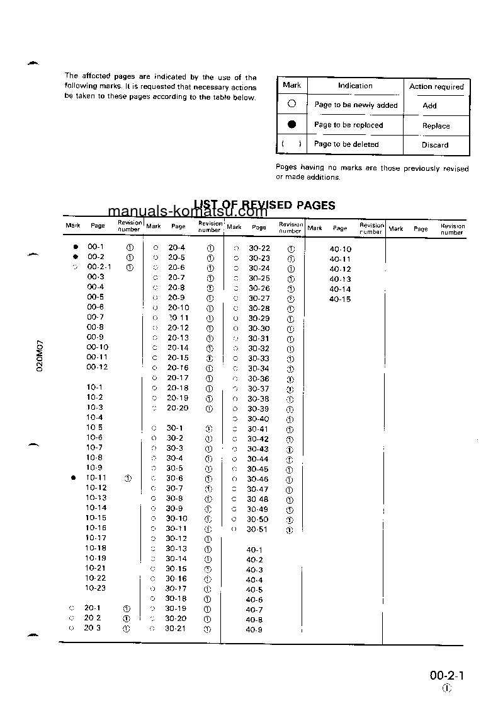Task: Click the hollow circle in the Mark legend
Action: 291,104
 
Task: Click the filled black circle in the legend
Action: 291,125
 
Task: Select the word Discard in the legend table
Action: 435,145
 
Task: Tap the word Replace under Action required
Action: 436,125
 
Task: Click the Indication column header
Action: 355,86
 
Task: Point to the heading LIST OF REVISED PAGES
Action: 264,205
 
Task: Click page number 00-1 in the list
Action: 96,247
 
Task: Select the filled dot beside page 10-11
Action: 74,478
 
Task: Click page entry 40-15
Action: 340,299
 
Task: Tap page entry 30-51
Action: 257,530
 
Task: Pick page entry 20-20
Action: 178,408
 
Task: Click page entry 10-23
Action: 96,588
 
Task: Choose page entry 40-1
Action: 254,550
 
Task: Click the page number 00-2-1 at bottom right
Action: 447,676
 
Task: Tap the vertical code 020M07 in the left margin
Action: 39,356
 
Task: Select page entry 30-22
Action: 259,248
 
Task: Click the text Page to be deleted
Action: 346,144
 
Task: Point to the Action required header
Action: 436,86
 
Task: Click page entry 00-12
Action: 97,367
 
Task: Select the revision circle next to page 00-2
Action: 130,257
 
